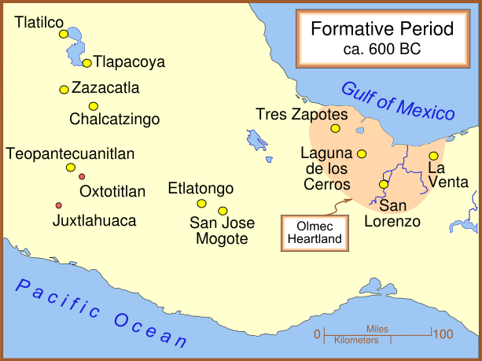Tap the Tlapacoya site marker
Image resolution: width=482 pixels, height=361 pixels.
click(87, 63)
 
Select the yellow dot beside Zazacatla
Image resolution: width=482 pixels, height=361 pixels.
click(64, 89)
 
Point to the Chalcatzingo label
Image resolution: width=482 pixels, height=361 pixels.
click(115, 120)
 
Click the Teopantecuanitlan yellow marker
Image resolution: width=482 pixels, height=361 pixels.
click(70, 167)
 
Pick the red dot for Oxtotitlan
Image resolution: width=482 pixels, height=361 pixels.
click(82, 176)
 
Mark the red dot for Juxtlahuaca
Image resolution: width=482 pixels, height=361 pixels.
click(58, 205)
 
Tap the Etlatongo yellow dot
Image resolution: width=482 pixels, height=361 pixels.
click(201, 203)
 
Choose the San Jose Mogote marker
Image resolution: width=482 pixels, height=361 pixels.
click(223, 210)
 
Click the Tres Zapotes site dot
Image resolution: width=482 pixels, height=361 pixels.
click(335, 128)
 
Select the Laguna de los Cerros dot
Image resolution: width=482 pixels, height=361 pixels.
click(362, 153)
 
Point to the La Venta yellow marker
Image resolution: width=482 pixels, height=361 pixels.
click(433, 156)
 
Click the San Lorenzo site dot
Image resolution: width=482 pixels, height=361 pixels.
click(384, 184)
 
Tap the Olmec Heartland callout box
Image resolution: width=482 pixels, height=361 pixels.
click(315, 233)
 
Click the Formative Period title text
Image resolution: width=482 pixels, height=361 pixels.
click(382, 30)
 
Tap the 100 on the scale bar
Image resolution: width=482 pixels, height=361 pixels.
click(443, 334)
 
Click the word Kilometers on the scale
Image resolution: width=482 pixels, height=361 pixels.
click(356, 341)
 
